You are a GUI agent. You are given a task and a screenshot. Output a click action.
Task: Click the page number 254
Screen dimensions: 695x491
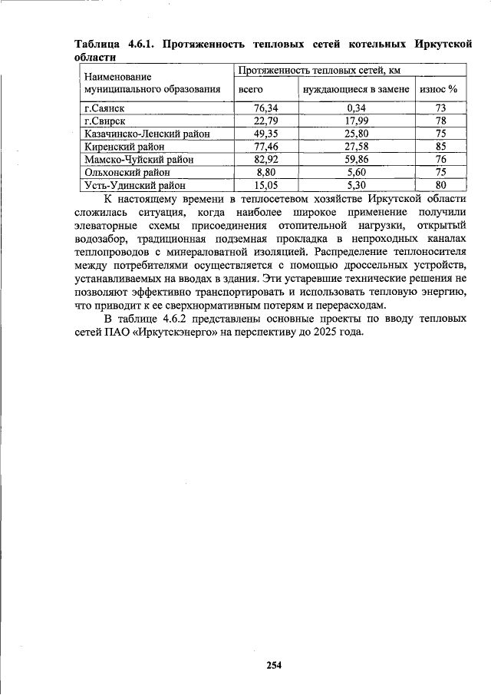tap(274, 665)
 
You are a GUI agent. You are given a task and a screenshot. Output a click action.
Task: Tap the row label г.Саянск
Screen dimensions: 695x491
tap(104, 108)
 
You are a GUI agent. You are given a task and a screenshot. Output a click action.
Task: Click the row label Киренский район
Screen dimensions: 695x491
tap(124, 147)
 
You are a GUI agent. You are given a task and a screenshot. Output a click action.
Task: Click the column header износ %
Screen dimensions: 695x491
tap(439, 89)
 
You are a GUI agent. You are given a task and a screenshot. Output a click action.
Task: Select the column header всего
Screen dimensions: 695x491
tap(251, 89)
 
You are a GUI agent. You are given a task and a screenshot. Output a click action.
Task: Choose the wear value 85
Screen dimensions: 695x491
tap(440, 147)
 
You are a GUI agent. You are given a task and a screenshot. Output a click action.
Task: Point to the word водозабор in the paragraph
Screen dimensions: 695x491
tap(102, 239)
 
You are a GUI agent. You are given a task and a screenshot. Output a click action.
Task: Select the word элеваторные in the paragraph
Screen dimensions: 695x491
tap(106, 226)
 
